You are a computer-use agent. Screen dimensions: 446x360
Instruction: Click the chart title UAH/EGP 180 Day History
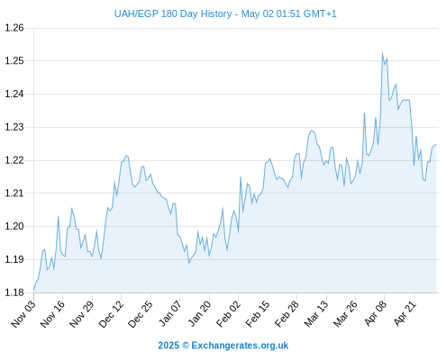[x=173, y=13]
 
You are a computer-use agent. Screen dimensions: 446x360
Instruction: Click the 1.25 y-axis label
[x=14, y=61]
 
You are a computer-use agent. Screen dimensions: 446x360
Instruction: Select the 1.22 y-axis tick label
[x=14, y=160]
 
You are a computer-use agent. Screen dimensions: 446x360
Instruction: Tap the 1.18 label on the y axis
[x=14, y=292]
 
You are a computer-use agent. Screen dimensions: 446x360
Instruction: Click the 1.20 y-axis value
[x=14, y=226]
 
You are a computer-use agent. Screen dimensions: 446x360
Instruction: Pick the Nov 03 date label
[x=23, y=314]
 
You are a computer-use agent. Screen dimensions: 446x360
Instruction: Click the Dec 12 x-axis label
[x=111, y=314]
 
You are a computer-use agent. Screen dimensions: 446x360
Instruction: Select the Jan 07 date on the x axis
[x=170, y=314]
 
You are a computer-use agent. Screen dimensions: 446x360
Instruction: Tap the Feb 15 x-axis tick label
[x=258, y=314]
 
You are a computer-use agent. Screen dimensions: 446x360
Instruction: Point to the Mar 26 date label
[x=345, y=314]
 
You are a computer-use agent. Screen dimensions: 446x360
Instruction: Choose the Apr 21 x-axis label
[x=405, y=313]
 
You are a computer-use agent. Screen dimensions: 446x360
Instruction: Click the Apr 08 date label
[x=376, y=313]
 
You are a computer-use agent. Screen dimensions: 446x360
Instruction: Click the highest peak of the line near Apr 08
[x=382, y=52]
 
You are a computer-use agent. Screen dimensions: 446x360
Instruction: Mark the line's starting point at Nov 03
[x=33, y=290]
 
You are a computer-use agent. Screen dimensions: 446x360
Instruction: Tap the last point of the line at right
[x=436, y=144]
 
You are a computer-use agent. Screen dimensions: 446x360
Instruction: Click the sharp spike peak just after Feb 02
[x=241, y=176]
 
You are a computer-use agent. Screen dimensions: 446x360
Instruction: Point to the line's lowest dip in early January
[x=189, y=263]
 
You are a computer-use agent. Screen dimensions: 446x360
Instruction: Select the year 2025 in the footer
[x=168, y=346]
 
